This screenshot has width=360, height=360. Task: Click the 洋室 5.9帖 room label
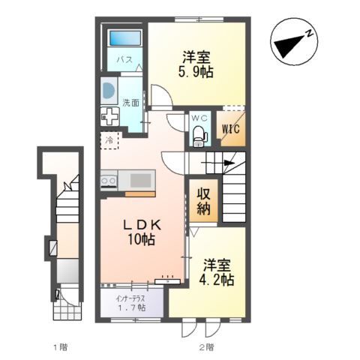point(196,64)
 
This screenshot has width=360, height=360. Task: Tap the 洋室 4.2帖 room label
point(217,272)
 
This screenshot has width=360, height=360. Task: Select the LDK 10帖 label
point(142,232)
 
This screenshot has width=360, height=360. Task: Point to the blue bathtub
point(125,38)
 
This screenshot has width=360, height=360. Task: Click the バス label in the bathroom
point(124,59)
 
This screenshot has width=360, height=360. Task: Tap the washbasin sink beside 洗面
point(108,90)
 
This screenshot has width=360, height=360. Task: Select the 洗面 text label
point(130,103)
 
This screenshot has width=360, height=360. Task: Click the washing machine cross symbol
point(110,116)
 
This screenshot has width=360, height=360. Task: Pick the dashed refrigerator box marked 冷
point(109,140)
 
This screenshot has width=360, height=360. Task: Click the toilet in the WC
point(199,134)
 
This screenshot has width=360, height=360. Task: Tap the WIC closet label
point(231,129)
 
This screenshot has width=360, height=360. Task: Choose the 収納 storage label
point(203,201)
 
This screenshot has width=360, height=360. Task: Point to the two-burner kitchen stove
point(109,181)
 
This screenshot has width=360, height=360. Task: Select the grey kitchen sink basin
point(140,181)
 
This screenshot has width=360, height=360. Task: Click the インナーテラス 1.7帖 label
point(131,303)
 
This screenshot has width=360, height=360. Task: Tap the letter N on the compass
point(310,33)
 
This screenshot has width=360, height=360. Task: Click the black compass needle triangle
point(289,46)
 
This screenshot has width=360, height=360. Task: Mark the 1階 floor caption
point(61,347)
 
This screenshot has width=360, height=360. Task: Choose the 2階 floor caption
point(206,347)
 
